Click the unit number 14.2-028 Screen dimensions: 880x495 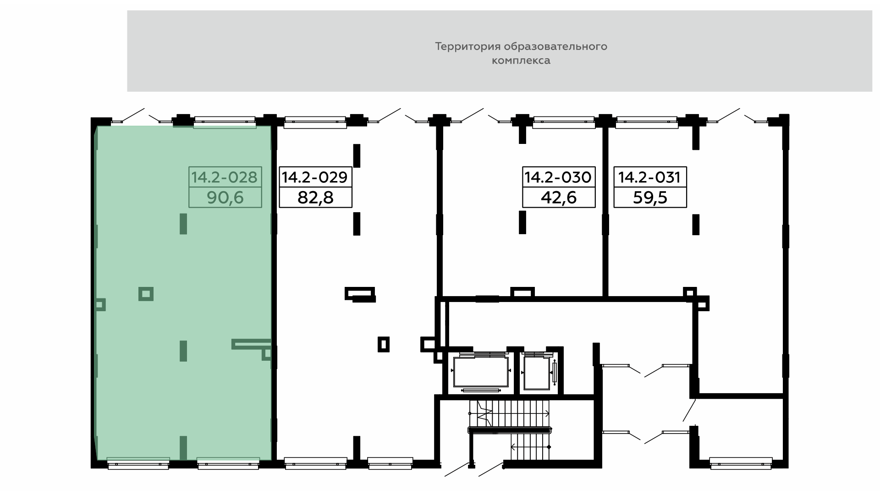tap(225, 177)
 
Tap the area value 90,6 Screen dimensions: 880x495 tap(225, 198)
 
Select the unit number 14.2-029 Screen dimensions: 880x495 tap(315, 177)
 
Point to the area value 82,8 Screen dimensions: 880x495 tap(315, 198)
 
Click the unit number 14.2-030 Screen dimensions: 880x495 tap(558, 177)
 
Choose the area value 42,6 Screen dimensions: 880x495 tap(559, 198)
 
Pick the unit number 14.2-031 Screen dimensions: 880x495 tap(649, 177)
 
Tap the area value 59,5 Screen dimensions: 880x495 tap(650, 198)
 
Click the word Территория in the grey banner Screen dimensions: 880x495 tap(467, 47)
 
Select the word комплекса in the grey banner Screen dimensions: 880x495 tap(521, 60)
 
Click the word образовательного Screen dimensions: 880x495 tap(555, 47)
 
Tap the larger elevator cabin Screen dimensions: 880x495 tap(481, 372)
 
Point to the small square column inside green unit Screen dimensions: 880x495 tap(146, 294)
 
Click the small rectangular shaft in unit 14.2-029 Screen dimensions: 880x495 tap(384, 344)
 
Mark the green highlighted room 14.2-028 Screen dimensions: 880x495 tap(183, 293)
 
